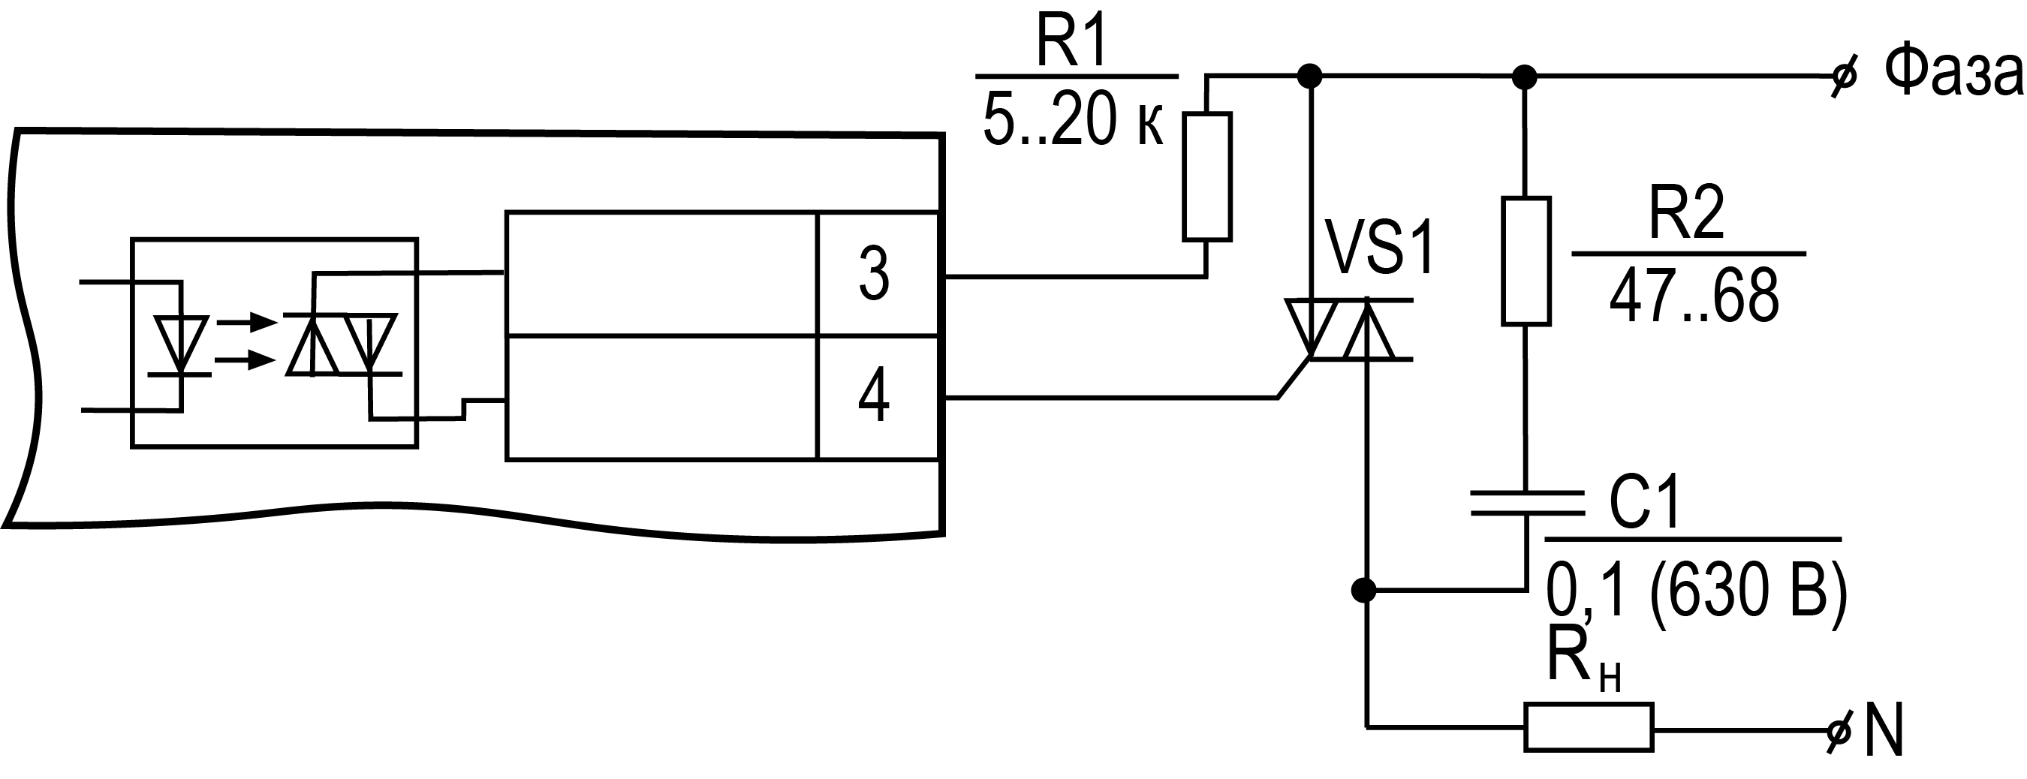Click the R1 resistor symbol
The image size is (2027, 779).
click(1207, 176)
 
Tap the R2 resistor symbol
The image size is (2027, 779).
click(1526, 261)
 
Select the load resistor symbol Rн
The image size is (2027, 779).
click(1589, 728)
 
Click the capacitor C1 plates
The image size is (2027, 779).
click(1526, 503)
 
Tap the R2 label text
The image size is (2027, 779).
click(1686, 212)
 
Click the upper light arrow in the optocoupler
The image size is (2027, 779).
click(246, 322)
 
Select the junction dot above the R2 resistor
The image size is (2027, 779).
click(1525, 77)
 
